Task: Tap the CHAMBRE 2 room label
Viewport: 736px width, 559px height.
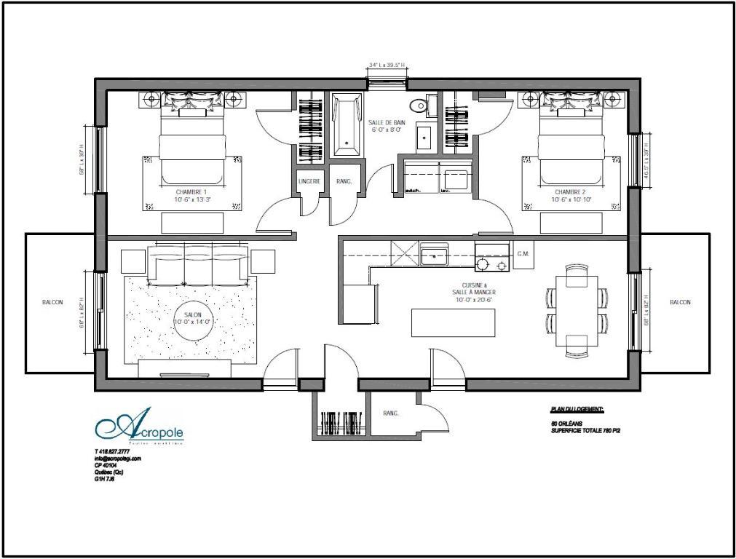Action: [x=571, y=192]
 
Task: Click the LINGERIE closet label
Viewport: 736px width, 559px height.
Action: [x=309, y=181]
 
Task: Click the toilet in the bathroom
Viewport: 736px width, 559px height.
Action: [x=419, y=106]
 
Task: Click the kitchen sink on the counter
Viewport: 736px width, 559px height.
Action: [x=435, y=255]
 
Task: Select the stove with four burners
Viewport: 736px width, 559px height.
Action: [x=493, y=258]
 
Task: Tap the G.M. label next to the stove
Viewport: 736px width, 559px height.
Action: [x=523, y=254]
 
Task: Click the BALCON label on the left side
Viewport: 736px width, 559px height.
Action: [x=52, y=302]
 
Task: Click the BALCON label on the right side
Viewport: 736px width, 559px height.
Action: [x=679, y=302]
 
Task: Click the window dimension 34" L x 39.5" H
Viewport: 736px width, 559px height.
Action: [x=387, y=66]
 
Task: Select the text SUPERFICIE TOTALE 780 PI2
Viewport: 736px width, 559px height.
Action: [x=590, y=431]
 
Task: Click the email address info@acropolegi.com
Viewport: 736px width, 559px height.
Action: [x=118, y=459]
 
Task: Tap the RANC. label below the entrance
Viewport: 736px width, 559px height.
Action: [x=391, y=413]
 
